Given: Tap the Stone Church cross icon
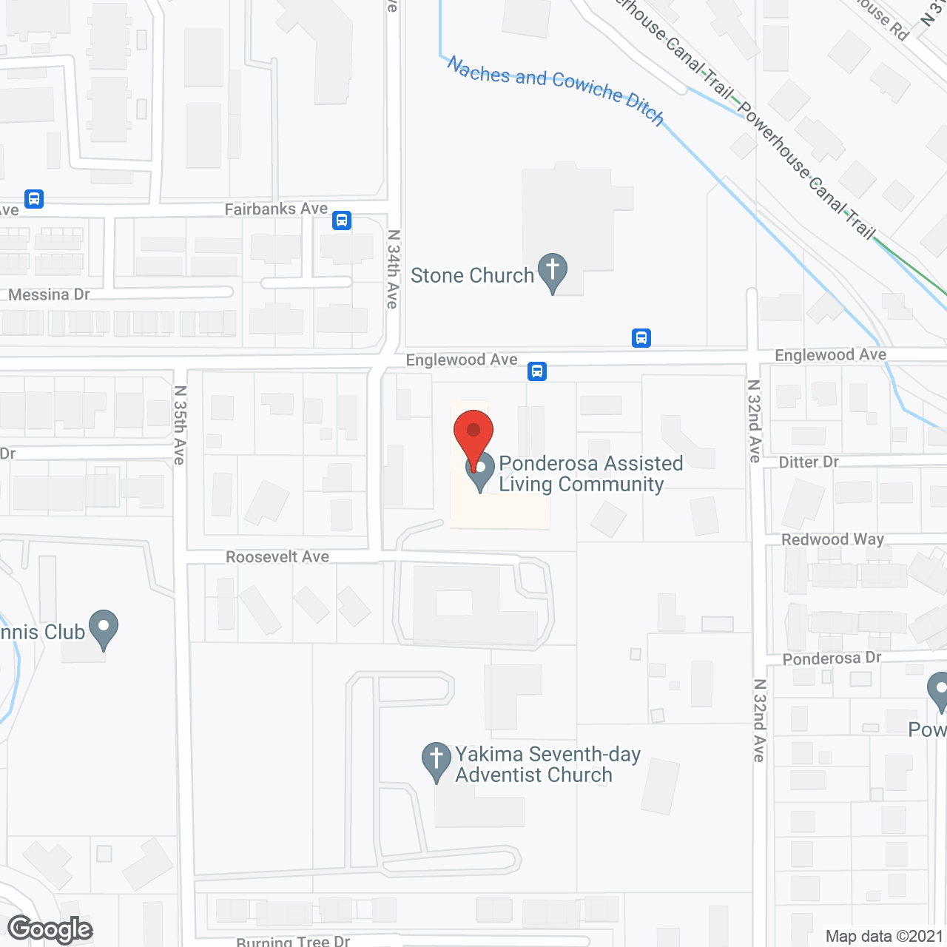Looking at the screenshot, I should pyautogui.click(x=552, y=271).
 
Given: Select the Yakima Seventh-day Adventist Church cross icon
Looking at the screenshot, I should pyautogui.click(x=437, y=760).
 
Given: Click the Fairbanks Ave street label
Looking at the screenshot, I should pyautogui.click(x=276, y=209).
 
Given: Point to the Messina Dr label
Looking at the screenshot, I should pyautogui.click(x=49, y=294).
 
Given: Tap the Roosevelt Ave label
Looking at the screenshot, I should pyautogui.click(x=277, y=556).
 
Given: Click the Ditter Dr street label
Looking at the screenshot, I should pyautogui.click(x=809, y=462).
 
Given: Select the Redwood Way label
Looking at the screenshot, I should pyautogui.click(x=832, y=539).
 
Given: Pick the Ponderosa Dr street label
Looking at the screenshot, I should pyautogui.click(x=832, y=658).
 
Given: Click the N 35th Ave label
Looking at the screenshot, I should pyautogui.click(x=180, y=425).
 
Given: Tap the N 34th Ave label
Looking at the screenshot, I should pyautogui.click(x=393, y=269).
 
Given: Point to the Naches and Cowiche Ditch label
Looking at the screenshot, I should pyautogui.click(x=556, y=90).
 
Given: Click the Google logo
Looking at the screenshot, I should pyautogui.click(x=50, y=929).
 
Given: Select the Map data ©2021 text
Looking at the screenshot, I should pyautogui.click(x=884, y=936).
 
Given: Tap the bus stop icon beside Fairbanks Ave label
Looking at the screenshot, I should pyautogui.click(x=342, y=220).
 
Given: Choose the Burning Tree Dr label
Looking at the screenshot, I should pyautogui.click(x=293, y=941).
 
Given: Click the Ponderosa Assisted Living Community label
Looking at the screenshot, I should pyautogui.click(x=590, y=473).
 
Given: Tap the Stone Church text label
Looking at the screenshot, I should pyautogui.click(x=472, y=275).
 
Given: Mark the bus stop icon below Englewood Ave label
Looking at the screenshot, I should pyautogui.click(x=537, y=371).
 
